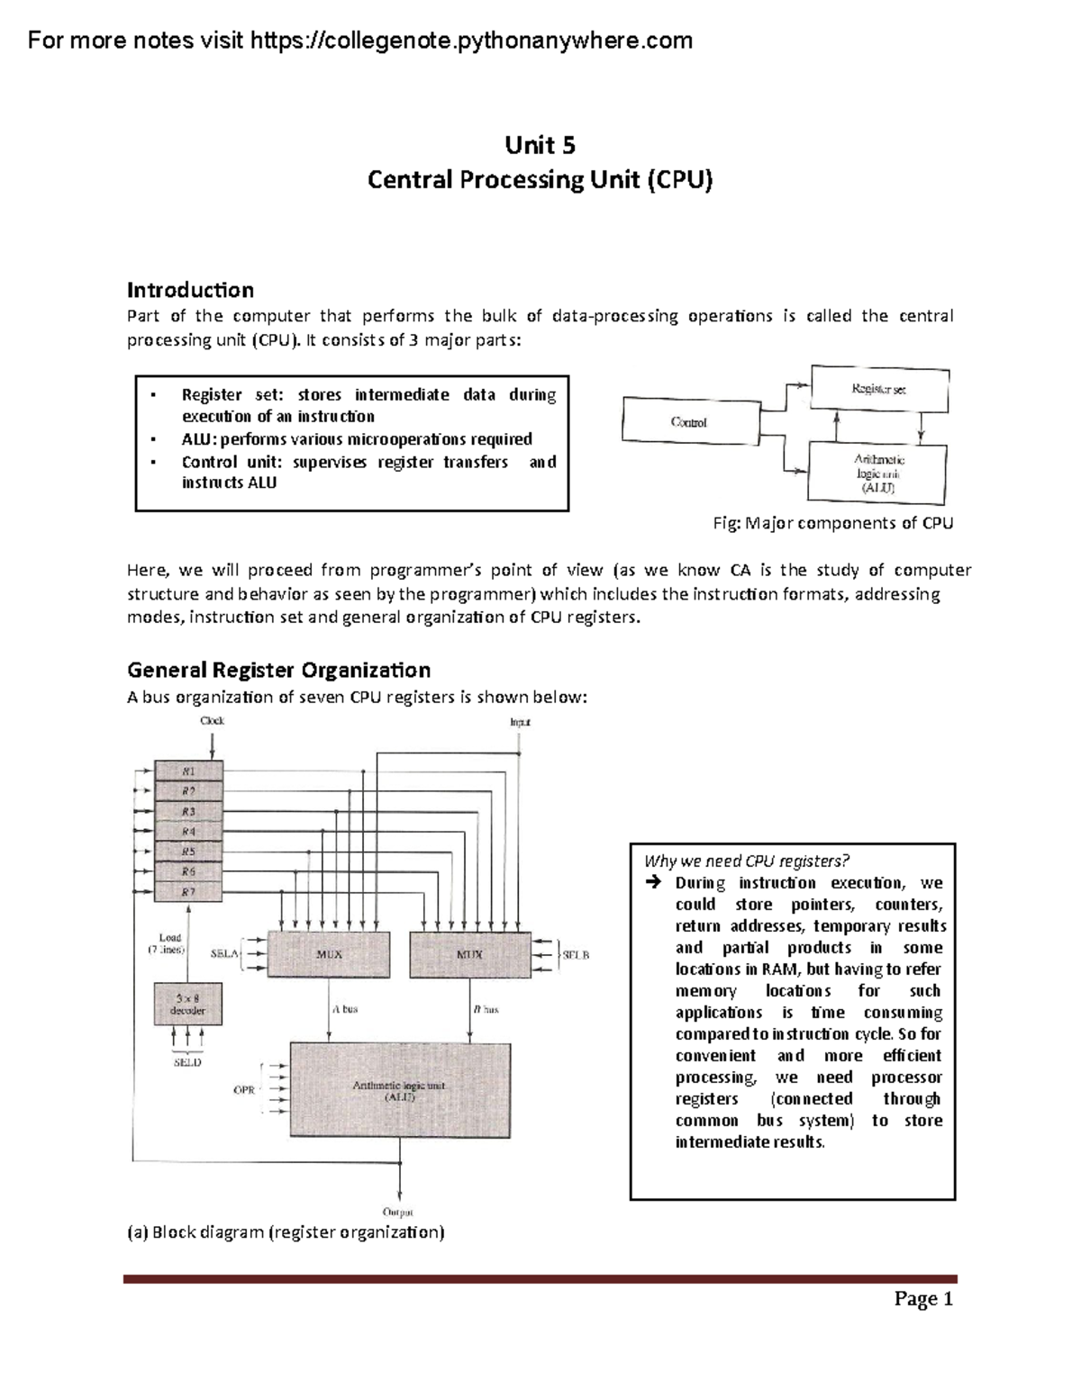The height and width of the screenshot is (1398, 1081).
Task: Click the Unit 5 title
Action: pos(540,145)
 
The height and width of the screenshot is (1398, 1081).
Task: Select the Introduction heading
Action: pos(190,290)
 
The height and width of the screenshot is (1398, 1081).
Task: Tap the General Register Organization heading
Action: pos(278,670)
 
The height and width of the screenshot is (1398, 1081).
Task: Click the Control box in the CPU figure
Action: pos(689,421)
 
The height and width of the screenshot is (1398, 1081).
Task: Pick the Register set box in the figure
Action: pos(879,389)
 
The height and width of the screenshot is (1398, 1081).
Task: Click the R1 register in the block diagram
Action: pos(188,771)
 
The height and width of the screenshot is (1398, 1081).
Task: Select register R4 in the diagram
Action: pos(188,832)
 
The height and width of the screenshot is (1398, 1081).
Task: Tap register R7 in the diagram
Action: pos(188,892)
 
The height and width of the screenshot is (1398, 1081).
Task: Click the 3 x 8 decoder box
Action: pos(187,1004)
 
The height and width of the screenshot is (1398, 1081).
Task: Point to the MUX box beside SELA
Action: pos(330,954)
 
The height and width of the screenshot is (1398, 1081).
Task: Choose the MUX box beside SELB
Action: pos(469,954)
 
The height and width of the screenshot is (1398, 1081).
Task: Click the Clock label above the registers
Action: pos(212,721)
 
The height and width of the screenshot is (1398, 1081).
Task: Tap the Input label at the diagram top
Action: pos(520,722)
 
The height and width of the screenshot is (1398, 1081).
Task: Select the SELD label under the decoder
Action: pos(187,1062)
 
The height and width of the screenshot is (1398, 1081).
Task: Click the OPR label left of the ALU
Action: pos(244,1089)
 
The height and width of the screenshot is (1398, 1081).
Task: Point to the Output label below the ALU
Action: pos(398,1212)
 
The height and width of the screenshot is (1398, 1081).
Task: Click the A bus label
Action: pos(345,1009)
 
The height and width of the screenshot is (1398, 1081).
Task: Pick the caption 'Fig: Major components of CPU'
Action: pos(832,523)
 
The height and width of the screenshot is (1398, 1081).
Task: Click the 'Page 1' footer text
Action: pos(923,1298)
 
